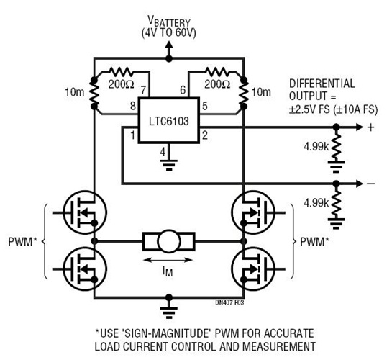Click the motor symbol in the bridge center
170,240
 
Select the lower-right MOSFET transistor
254,267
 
